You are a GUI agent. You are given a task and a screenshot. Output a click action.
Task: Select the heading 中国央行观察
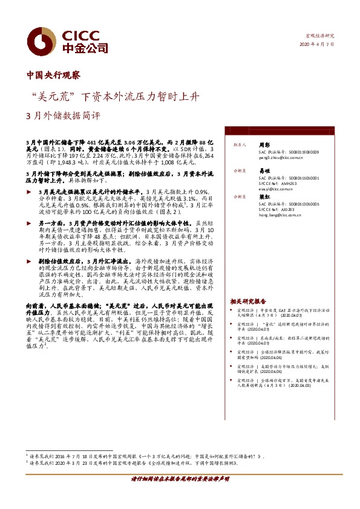[x=53, y=76]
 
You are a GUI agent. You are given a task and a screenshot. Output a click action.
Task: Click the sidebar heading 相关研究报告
[x=248, y=300]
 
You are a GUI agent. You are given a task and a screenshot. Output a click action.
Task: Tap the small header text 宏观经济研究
[x=320, y=36]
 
